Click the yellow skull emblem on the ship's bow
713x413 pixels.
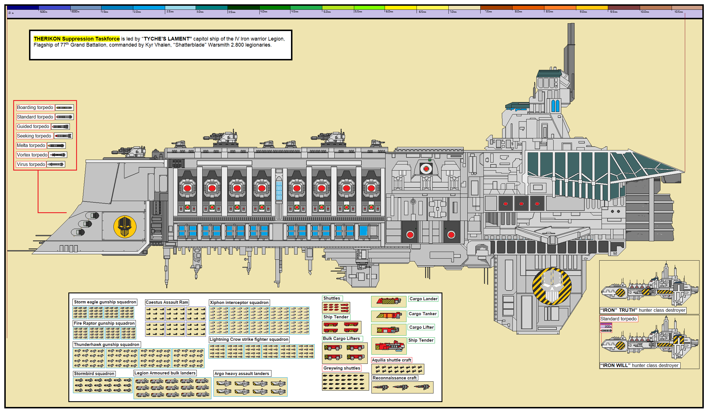(125, 227)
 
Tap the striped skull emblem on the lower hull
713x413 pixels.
(552, 286)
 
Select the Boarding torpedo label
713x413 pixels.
(35, 107)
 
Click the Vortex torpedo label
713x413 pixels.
(32, 155)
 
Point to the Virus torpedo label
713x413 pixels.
(31, 164)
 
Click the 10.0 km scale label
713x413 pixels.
(645, 12)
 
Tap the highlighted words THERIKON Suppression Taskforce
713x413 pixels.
(77, 39)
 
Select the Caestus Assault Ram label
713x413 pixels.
(167, 302)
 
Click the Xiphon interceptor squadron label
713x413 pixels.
(239, 302)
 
